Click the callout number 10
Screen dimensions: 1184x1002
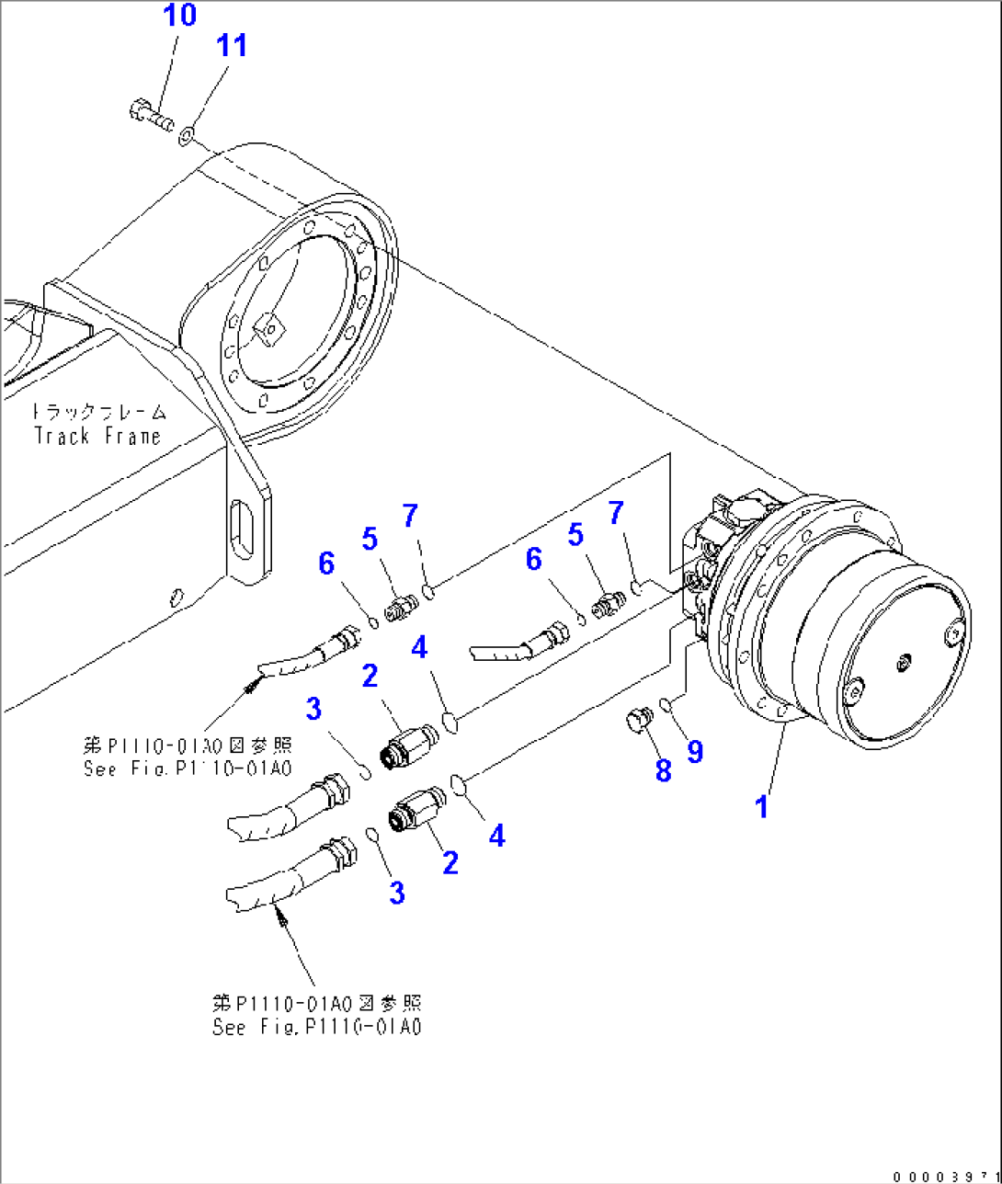180,16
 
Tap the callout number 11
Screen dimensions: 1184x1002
232,45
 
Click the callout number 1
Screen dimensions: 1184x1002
761,807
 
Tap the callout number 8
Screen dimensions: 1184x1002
664,770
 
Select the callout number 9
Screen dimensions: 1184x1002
695,751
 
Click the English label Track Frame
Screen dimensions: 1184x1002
97,436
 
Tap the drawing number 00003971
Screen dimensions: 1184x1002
945,1176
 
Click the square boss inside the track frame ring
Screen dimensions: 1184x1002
268,329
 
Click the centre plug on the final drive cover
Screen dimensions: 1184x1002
904,661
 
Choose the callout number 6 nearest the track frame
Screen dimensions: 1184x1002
326,563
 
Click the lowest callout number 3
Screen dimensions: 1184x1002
396,892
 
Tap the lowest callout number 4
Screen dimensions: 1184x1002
496,836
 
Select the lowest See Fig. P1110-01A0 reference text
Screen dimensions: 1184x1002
317,1028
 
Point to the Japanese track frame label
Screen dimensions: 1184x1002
99,411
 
